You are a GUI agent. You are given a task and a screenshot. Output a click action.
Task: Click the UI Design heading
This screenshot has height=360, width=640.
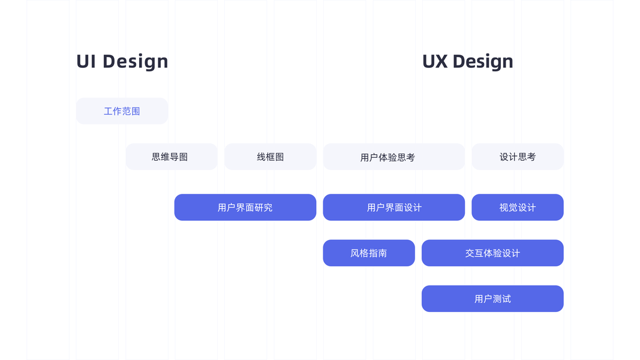122,61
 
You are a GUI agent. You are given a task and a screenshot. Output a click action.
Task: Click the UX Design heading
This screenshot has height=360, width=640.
467,61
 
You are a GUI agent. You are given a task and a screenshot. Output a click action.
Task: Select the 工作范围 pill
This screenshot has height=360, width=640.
122,111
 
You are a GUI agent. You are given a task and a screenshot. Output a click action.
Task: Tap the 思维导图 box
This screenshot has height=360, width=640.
171,157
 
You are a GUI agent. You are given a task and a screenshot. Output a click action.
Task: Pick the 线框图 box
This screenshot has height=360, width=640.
270,157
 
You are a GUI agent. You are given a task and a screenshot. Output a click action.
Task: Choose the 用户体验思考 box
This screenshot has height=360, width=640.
393,157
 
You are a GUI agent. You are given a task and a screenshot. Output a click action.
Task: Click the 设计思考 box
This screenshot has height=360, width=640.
517,157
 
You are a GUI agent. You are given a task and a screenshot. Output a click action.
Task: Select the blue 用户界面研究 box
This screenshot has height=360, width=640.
245,207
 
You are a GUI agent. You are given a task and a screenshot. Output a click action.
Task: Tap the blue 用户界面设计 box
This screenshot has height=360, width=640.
393,207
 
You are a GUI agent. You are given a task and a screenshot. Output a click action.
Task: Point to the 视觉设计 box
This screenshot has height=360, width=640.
517,207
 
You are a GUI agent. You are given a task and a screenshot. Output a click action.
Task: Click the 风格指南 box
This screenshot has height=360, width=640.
368,253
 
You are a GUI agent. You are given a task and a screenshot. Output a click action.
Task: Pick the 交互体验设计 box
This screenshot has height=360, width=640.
492,253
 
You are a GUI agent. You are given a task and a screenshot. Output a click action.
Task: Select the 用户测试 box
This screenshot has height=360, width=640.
492,298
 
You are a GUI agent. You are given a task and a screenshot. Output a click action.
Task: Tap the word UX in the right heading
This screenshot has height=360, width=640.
435,61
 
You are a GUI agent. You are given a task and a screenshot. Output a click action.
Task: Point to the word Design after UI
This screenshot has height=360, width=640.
136,61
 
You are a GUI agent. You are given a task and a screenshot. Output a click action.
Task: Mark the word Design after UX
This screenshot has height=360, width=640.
483,61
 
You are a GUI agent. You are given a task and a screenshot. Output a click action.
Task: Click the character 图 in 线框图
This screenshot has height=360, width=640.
280,157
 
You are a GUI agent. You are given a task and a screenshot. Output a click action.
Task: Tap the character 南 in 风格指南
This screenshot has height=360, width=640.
382,253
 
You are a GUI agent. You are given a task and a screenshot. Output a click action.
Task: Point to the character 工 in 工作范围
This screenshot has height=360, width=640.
109,112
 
